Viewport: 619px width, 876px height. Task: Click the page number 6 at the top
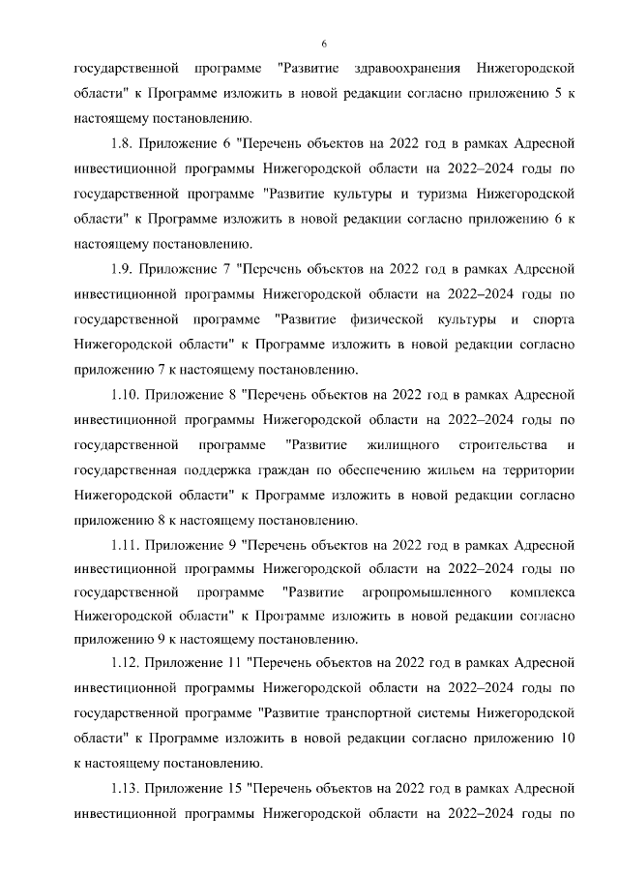pos(324,44)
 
